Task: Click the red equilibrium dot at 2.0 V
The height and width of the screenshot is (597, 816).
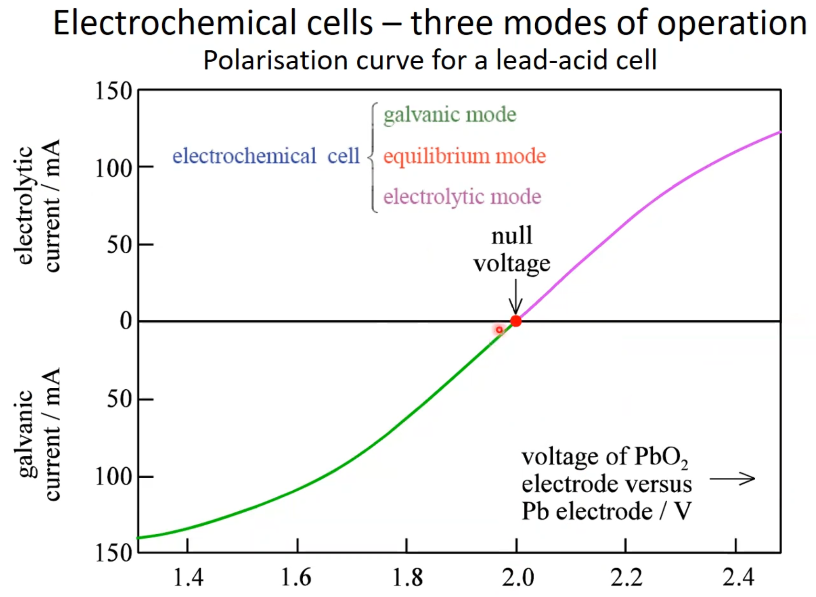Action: click(x=516, y=321)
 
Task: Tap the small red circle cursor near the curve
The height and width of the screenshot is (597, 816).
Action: click(x=499, y=330)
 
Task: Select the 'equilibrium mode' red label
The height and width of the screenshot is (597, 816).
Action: click(x=464, y=157)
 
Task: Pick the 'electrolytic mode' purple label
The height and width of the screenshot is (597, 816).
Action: click(x=462, y=197)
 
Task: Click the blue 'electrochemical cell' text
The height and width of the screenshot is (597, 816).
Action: click(x=266, y=156)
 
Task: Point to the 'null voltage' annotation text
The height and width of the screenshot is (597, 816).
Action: click(x=512, y=249)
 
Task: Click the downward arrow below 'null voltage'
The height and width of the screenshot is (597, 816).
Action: click(x=516, y=297)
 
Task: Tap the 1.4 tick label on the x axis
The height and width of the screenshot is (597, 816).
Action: click(x=188, y=578)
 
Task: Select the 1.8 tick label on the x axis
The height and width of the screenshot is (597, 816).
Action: click(x=407, y=578)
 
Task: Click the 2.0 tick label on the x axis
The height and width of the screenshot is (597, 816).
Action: click(x=518, y=578)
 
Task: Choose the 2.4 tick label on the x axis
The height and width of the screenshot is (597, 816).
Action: click(x=738, y=578)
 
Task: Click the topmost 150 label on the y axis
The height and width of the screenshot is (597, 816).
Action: click(x=113, y=91)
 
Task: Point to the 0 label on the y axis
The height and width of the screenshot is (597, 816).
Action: click(x=126, y=321)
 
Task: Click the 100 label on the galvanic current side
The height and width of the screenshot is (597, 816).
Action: click(x=113, y=477)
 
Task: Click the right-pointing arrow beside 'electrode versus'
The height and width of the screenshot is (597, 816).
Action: click(x=732, y=478)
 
